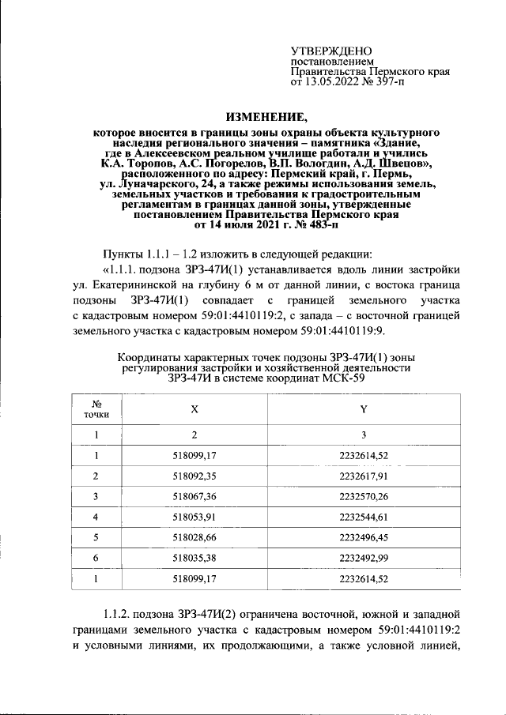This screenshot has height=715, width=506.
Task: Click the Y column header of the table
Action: point(364,408)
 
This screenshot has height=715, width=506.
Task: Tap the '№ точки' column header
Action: point(96,408)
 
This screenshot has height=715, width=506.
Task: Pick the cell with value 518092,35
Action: point(194,476)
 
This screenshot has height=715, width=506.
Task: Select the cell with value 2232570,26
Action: point(364,496)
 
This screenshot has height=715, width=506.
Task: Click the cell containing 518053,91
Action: point(194,517)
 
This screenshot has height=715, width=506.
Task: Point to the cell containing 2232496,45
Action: point(364,538)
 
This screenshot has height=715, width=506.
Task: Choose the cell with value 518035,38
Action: point(194,559)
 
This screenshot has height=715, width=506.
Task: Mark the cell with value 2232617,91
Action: point(364,476)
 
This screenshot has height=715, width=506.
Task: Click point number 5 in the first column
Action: point(96,538)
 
